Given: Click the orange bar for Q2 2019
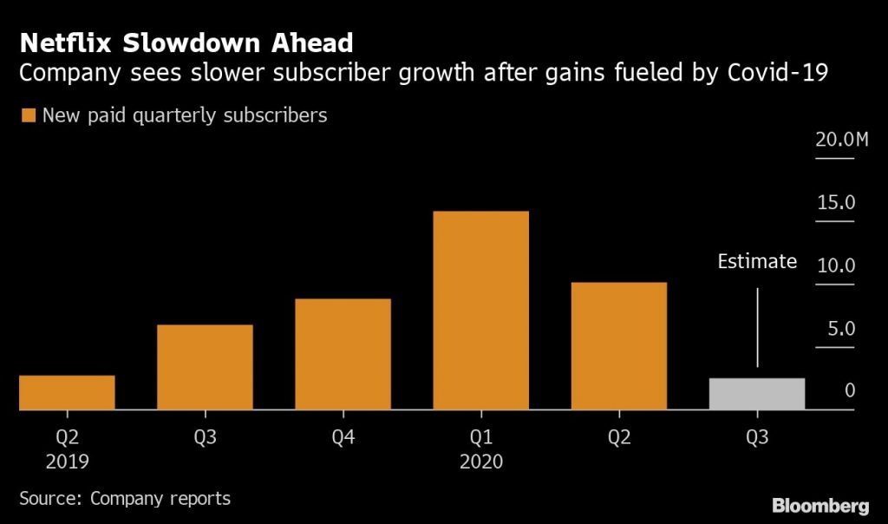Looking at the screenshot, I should (x=67, y=392).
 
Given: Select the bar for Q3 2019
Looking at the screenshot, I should (x=205, y=367).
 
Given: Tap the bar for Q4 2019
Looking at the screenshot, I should (x=343, y=354).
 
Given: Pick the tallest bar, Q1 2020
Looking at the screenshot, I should (x=480, y=310).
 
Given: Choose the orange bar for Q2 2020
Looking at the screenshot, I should (x=618, y=345).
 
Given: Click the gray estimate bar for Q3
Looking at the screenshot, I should (x=756, y=394).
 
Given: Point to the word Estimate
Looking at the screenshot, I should (x=757, y=261).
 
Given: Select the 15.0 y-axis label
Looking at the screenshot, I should (x=835, y=202).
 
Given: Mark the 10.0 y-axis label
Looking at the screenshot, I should (x=835, y=265).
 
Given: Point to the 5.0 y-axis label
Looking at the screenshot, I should (x=838, y=329).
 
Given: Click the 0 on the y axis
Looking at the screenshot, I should (x=850, y=391).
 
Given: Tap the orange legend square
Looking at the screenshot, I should (x=28, y=115).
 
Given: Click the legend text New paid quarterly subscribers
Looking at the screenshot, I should (x=185, y=115).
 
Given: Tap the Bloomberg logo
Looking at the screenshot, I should (x=819, y=505).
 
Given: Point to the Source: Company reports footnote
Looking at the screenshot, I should (x=125, y=498).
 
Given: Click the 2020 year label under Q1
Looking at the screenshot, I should (x=480, y=462).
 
